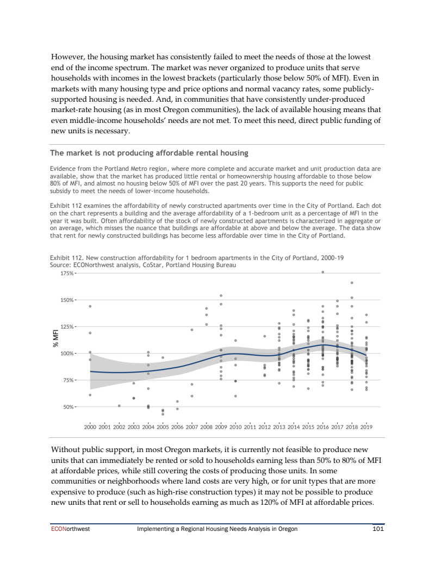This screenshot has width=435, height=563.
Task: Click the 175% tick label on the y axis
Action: (x=67, y=273)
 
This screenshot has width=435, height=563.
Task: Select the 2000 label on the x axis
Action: (x=90, y=427)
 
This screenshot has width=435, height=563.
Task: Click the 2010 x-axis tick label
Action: (x=235, y=427)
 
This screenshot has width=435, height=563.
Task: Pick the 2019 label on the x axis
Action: (x=366, y=427)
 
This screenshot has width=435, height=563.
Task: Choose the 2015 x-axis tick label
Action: (x=308, y=427)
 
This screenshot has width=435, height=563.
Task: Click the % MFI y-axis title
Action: (x=54, y=340)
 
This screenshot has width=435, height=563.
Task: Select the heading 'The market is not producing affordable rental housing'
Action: (x=150, y=153)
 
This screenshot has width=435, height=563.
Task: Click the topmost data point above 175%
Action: (x=322, y=272)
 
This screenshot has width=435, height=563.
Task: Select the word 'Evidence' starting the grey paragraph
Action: (x=63, y=169)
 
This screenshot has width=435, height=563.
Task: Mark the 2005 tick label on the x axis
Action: (x=163, y=427)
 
